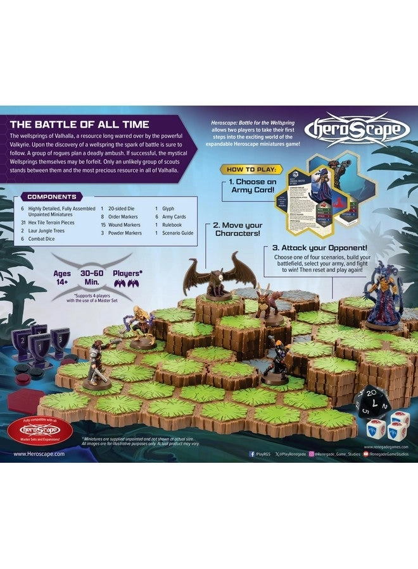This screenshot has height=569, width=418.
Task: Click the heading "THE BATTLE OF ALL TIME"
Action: (79, 124)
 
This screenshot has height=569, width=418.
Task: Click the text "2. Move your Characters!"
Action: (237, 229)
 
